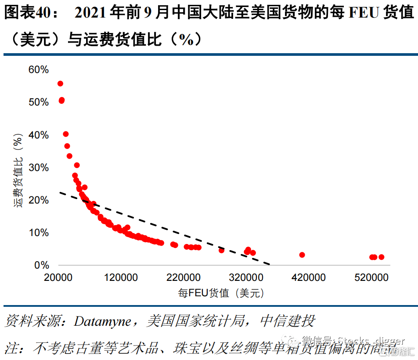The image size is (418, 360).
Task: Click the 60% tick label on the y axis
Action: tap(38, 69)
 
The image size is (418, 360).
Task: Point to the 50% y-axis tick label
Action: tap(38, 102)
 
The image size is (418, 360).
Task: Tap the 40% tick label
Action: tap(38, 135)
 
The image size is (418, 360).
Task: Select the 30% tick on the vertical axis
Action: tap(38, 167)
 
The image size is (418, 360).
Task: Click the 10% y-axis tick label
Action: tap(38, 233)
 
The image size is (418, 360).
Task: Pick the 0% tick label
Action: tap(41, 265)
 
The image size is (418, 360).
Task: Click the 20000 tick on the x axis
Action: tap(58, 278)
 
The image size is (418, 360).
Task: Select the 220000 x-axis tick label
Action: tap(183, 278)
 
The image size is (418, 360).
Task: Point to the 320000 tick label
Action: tap(245, 278)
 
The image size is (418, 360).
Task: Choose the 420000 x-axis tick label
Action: tap(307, 278)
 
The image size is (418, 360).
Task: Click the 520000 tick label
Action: tap(370, 278)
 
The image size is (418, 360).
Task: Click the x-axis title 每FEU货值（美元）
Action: tap(221, 293)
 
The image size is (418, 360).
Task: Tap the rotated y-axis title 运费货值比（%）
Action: tap(18, 171)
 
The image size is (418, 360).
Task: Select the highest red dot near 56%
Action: tap(60, 84)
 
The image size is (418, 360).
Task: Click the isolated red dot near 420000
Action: tap(302, 255)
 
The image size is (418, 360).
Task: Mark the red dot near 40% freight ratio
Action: tap(66, 134)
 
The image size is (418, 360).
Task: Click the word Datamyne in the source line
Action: tap(102, 321)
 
